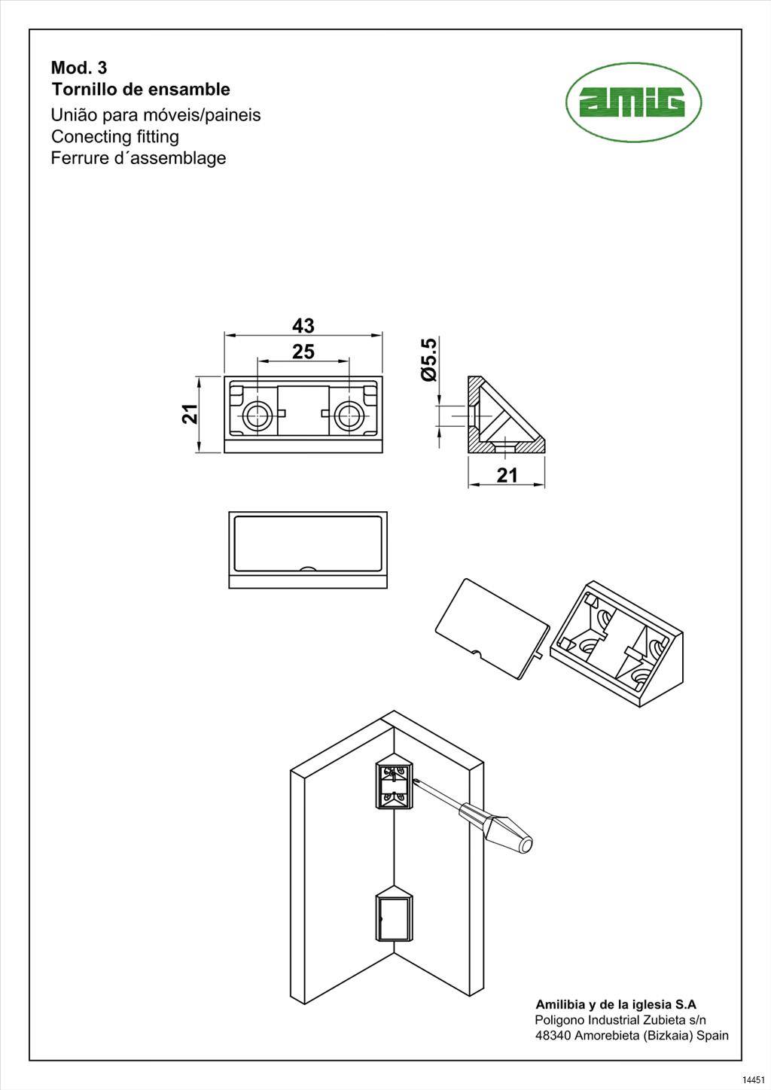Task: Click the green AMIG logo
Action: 633,102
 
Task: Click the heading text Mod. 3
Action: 79,68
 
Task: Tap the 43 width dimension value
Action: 303,326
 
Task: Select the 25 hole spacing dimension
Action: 303,352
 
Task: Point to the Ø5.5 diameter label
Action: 428,359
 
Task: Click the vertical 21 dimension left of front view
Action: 190,413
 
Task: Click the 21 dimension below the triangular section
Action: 507,475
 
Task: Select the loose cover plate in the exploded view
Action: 491,628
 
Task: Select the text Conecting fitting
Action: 114,136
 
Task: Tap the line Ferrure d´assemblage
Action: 138,158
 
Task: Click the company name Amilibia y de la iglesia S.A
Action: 615,1004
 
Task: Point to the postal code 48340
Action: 553,1035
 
